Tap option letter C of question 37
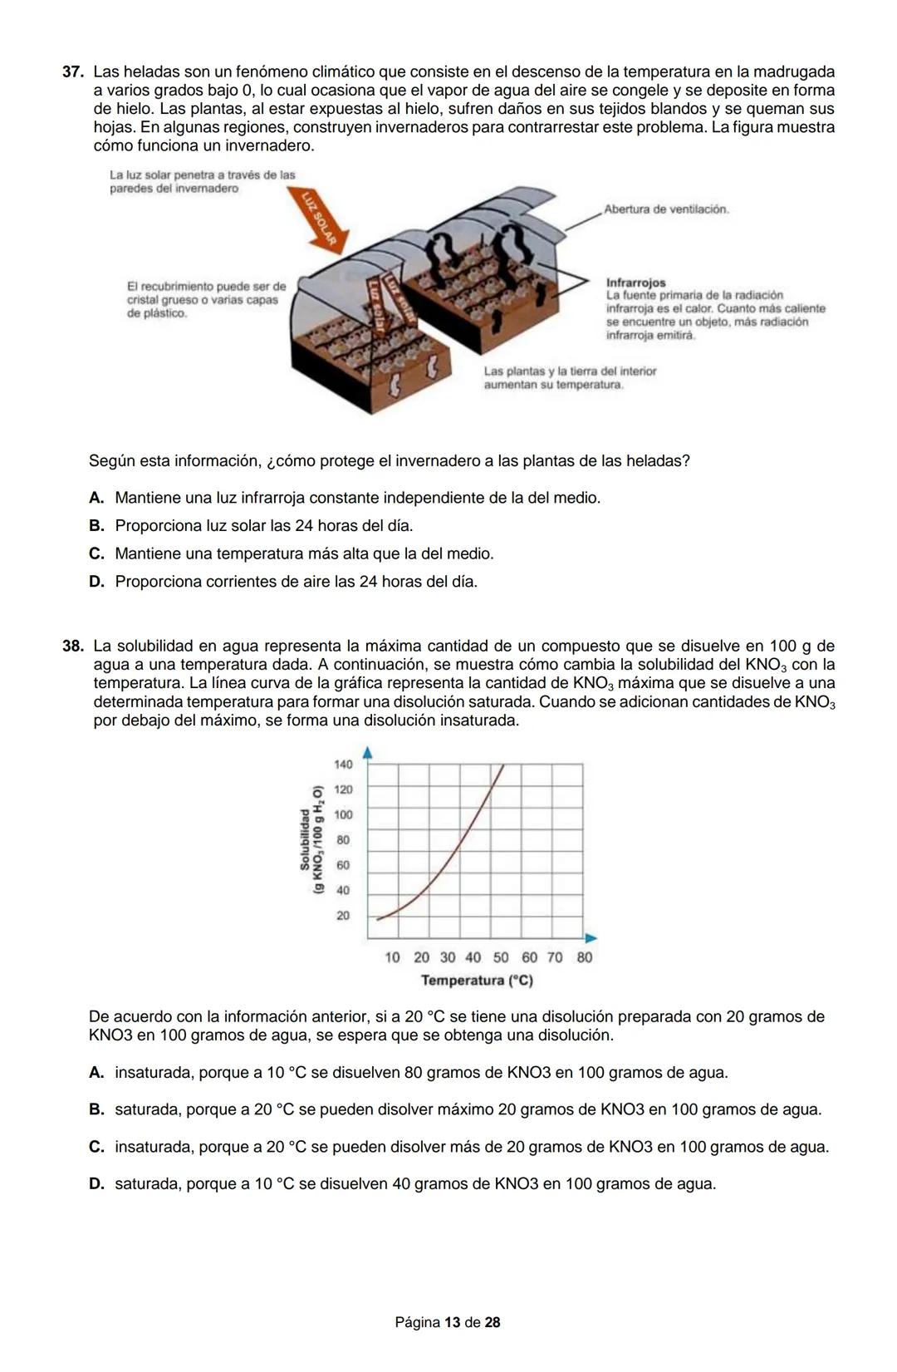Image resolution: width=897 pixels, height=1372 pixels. click(96, 553)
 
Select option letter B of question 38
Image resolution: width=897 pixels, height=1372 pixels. click(96, 1109)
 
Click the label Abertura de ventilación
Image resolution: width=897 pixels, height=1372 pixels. click(666, 209)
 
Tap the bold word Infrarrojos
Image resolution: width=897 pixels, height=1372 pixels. click(635, 283)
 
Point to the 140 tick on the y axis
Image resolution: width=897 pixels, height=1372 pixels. click(342, 765)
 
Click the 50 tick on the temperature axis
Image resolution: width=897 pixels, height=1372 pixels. click(501, 957)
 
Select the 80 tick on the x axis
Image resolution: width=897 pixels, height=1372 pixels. click(584, 957)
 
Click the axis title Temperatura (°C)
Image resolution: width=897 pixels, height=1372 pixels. click(477, 981)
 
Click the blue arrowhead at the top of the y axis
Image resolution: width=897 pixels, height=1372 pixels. click(367, 753)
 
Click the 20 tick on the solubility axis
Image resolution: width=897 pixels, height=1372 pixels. click(342, 916)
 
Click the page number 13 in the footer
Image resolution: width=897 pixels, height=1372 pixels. click(453, 1322)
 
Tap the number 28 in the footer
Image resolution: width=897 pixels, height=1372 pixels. click(492, 1322)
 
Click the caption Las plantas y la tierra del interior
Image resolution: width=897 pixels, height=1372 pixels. click(570, 371)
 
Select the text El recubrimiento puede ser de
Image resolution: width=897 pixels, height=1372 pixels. click(206, 287)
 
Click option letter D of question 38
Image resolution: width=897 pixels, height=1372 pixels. click(96, 1184)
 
